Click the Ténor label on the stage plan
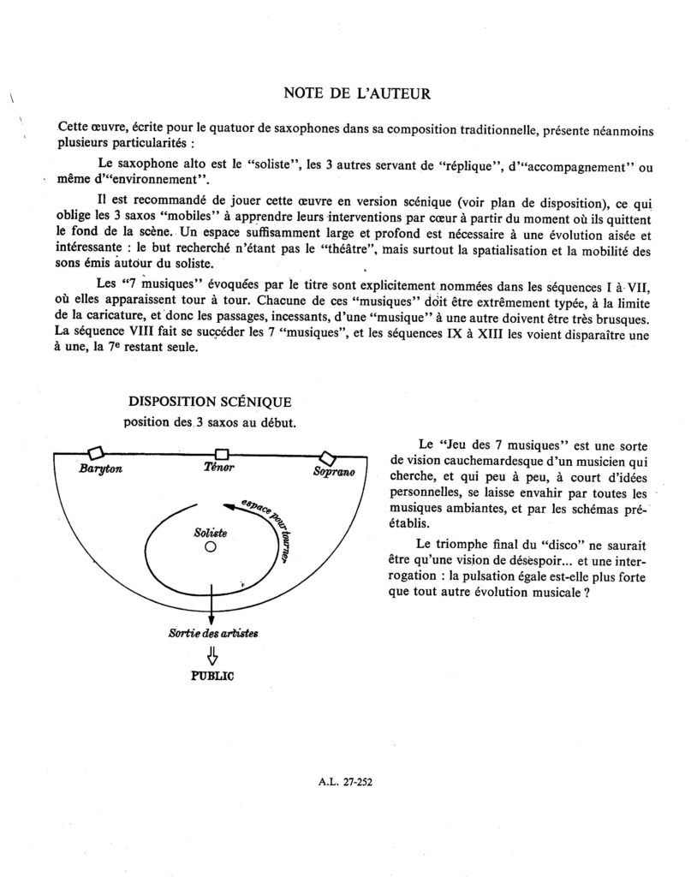(x=219, y=468)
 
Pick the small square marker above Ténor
(x=222, y=453)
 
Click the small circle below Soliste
(x=210, y=550)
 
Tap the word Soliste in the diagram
(x=211, y=533)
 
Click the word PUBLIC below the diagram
(x=211, y=674)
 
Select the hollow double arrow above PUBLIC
(x=211, y=654)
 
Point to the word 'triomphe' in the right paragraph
(x=460, y=545)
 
